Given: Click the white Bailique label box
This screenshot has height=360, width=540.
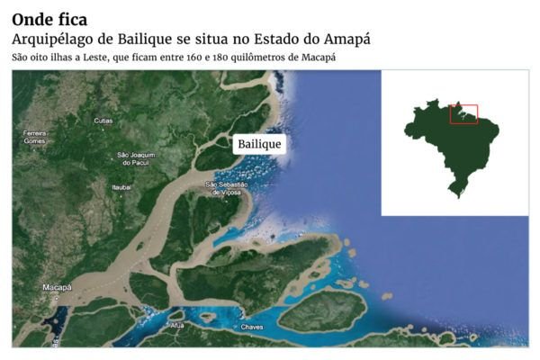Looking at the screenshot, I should point(259,144).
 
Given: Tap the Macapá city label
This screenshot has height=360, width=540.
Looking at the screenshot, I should point(57,287).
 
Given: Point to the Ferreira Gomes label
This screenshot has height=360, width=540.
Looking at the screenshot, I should point(34,137).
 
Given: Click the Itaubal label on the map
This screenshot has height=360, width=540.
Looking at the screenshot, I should point(121,186).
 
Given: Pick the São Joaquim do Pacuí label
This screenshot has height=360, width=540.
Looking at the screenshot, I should point(137,158).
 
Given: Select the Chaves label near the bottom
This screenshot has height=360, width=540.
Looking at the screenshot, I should point(253,327).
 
